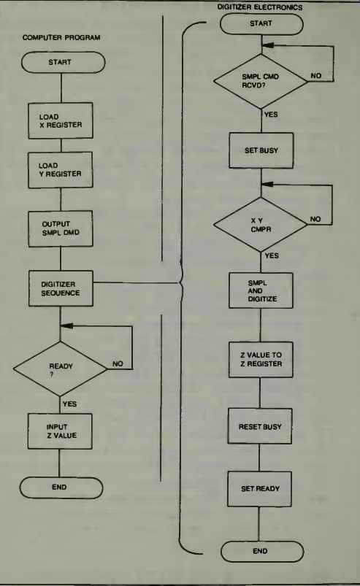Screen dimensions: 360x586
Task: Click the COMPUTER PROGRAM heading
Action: coord(61,38)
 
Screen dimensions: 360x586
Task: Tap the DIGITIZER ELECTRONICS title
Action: coord(260,7)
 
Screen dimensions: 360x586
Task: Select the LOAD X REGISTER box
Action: coord(61,120)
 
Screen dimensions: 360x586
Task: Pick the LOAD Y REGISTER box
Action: coord(61,170)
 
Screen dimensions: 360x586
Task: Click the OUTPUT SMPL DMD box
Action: coord(61,228)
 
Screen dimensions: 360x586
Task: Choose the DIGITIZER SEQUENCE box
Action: coord(61,288)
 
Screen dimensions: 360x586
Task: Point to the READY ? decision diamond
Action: coord(60,369)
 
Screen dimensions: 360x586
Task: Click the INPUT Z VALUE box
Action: coord(60,431)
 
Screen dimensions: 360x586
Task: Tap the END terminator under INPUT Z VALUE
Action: coord(61,487)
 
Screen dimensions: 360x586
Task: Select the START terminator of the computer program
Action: coord(64,62)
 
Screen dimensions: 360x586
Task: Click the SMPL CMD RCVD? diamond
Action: coord(261,81)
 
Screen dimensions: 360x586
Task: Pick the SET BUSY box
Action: coord(261,150)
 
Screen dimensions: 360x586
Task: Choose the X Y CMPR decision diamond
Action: coord(260,225)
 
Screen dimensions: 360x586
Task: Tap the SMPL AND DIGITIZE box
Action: coord(261,290)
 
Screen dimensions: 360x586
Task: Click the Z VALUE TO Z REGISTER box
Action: coord(261,360)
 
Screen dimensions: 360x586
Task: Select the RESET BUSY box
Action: coord(260,426)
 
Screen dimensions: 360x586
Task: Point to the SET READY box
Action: coord(259,489)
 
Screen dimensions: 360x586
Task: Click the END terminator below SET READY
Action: coord(262,551)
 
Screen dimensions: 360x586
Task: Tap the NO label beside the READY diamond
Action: coord(118,363)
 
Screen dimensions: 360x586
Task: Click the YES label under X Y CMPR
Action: coord(272,256)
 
